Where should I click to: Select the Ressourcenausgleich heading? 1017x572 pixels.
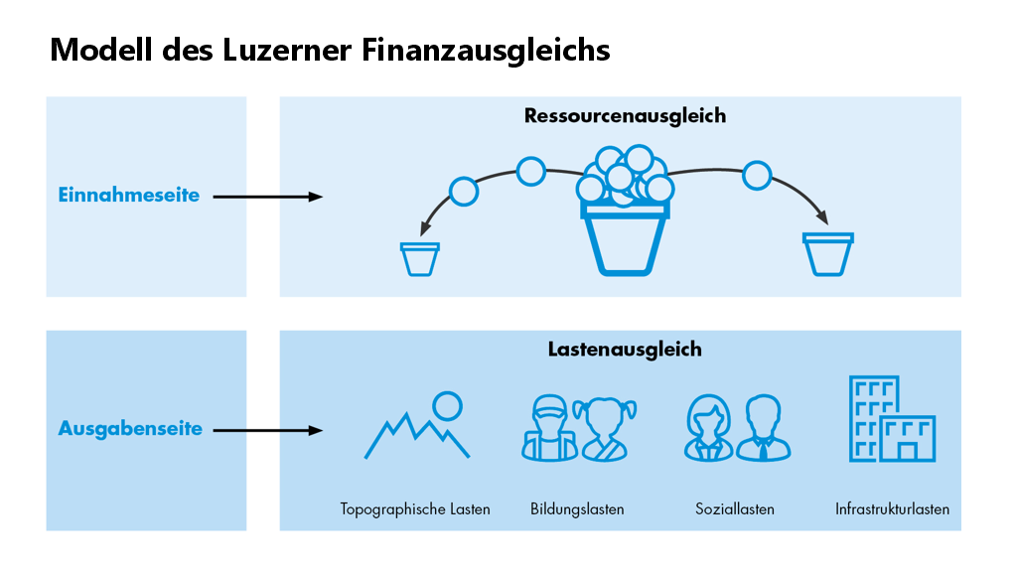tap(625, 116)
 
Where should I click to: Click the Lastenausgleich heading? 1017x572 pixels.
tap(625, 350)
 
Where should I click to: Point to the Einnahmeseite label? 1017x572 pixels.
tap(128, 196)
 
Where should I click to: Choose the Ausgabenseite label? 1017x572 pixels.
tap(130, 429)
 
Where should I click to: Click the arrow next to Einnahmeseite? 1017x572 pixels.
tap(268, 197)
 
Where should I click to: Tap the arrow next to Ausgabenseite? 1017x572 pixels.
tap(268, 430)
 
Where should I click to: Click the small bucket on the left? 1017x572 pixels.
tap(419, 258)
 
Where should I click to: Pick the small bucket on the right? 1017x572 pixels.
tap(827, 254)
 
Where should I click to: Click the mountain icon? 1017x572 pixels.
tap(412, 437)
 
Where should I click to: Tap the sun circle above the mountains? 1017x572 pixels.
tap(447, 405)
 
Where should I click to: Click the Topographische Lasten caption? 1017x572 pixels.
tap(415, 509)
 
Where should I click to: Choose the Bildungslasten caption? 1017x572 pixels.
tap(577, 509)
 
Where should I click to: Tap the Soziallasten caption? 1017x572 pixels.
tap(735, 509)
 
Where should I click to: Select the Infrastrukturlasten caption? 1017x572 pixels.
tap(892, 509)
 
